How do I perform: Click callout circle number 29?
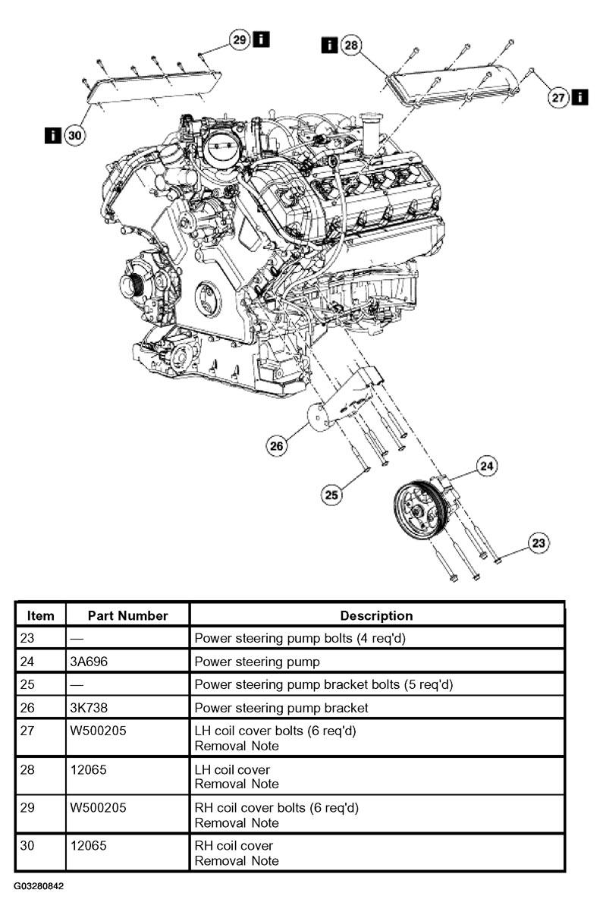coord(239,39)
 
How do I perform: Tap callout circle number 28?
coord(351,45)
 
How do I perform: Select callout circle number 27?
coord(558,98)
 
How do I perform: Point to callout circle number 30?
coord(74,135)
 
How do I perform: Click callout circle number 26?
coord(277,445)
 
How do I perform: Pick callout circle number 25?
coord(331,495)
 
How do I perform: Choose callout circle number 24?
coord(486,466)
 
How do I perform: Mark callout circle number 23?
coord(539,543)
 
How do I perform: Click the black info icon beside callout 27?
coord(579,98)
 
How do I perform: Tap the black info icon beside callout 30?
coord(52,135)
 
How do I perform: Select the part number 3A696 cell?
coord(127,662)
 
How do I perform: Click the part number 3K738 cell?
coord(127,708)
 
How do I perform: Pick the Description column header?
coord(376,615)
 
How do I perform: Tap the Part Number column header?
coord(128,615)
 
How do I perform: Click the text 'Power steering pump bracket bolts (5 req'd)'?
coord(324,684)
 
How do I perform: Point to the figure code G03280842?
coord(39,886)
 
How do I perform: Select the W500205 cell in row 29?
coord(99,808)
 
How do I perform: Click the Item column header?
coord(40,615)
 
